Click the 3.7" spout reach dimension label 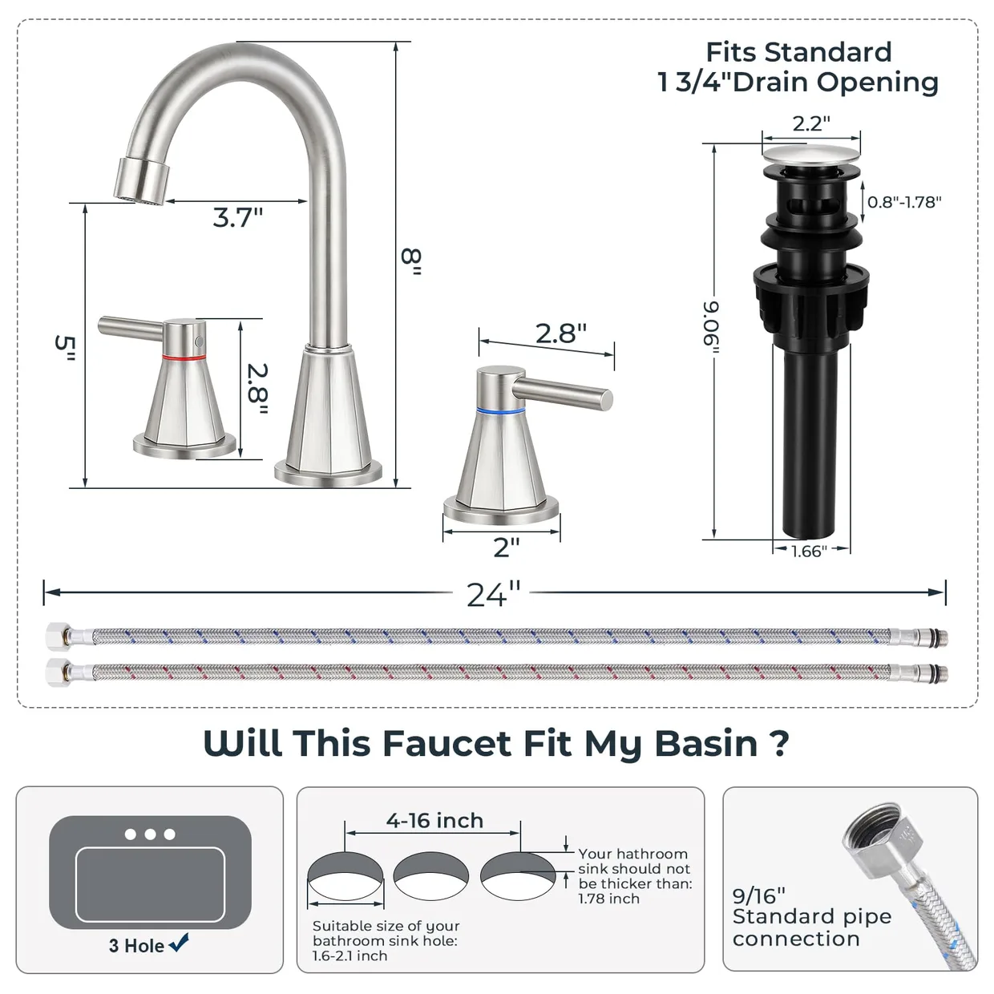(238, 217)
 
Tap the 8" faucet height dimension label (411, 261)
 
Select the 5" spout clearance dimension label (66, 348)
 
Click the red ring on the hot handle (184, 357)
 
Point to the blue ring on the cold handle (500, 411)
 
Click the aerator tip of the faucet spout (141, 182)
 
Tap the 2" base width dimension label (506, 548)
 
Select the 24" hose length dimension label (493, 594)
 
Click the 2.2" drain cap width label (811, 123)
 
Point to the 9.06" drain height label (711, 327)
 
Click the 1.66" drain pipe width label (809, 552)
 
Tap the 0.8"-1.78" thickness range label (904, 202)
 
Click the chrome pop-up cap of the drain (811, 155)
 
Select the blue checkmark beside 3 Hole (179, 943)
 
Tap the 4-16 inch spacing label (434, 820)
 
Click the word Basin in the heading (707, 743)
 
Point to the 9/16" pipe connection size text (759, 896)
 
